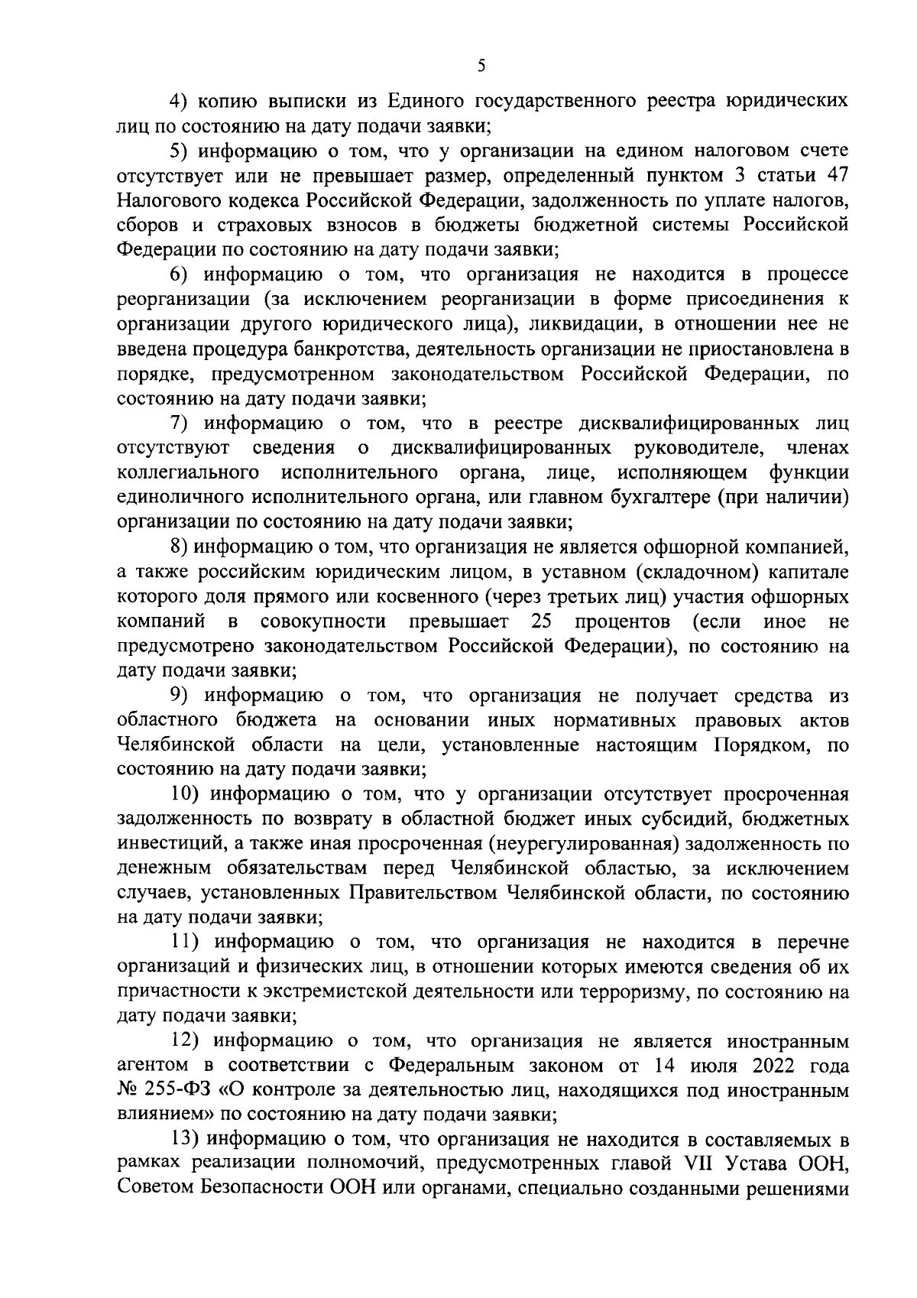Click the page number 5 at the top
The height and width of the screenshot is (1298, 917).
pyautogui.click(x=481, y=66)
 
